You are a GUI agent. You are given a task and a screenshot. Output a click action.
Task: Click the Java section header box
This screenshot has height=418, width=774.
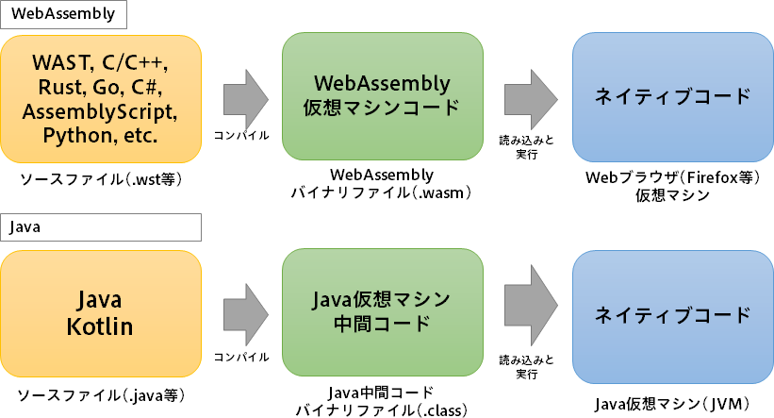102,227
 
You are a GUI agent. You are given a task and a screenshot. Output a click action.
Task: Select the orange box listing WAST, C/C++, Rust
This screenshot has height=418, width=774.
100,100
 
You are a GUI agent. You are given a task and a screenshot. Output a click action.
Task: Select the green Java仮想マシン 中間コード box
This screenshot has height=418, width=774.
382,311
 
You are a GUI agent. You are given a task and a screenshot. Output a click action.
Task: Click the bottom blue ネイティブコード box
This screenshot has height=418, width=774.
672,314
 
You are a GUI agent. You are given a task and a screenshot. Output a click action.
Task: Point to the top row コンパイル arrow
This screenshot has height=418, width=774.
246,97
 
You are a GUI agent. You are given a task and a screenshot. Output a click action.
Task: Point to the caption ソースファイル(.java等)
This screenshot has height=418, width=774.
100,393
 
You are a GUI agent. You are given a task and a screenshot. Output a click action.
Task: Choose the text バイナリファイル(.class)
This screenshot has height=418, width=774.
382,410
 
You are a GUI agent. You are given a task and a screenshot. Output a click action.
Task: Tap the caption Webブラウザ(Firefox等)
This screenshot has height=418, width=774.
672,177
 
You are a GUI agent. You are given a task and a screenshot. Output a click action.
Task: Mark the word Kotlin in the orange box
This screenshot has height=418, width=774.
100,327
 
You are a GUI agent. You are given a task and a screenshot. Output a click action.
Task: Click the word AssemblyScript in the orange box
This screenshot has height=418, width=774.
100,111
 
